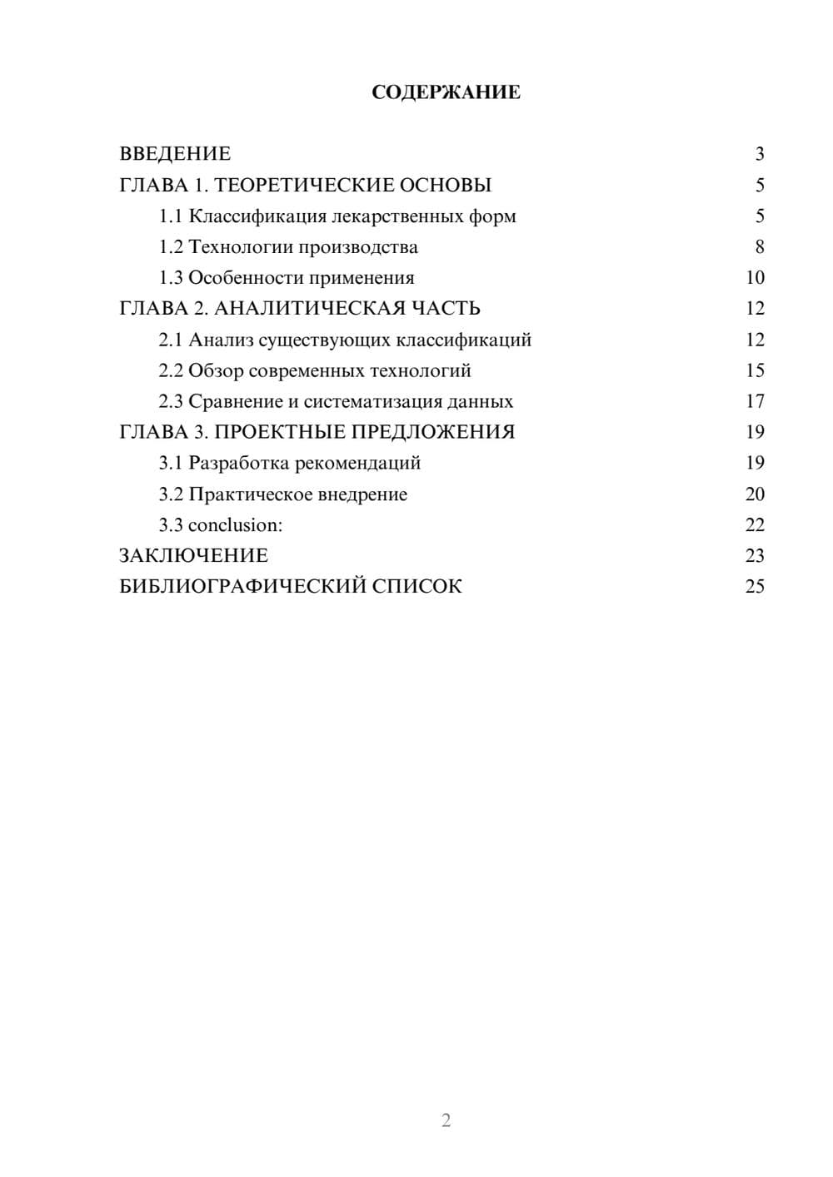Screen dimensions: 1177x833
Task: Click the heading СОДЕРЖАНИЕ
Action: [446, 92]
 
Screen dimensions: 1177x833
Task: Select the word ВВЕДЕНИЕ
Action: [175, 154]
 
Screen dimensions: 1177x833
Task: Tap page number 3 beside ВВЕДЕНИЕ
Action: [759, 154]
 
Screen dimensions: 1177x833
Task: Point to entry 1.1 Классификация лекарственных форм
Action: [337, 216]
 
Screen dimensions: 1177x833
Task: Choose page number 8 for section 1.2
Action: [759, 247]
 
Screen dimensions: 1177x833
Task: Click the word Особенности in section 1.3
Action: [239, 278]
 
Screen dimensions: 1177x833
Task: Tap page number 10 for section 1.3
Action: [755, 278]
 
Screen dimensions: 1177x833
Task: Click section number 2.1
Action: [171, 340]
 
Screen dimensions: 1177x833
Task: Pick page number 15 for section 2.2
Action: [755, 370]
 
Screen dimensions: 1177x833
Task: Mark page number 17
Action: [755, 401]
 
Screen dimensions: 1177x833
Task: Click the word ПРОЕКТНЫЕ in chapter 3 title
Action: [279, 432]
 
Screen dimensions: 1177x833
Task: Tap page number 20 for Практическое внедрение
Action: [755, 494]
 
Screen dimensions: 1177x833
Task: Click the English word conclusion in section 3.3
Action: [234, 525]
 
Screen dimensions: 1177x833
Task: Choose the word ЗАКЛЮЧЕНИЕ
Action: [193, 556]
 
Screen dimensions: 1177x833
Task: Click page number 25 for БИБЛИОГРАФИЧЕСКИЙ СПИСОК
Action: [755, 587]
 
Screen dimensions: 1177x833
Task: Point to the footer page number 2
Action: [446, 1120]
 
